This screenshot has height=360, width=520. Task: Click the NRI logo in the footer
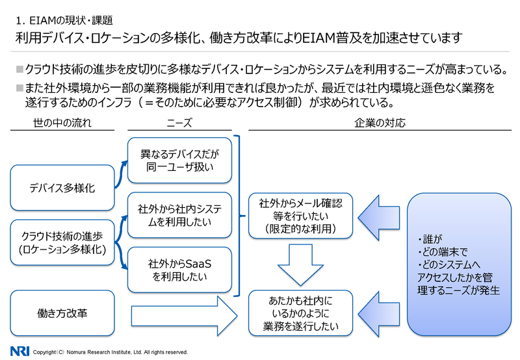pos(19,351)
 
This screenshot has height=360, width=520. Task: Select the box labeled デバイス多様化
pos(62,188)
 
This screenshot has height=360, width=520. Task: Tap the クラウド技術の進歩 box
pos(62,242)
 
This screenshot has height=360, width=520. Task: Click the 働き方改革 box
pos(62,313)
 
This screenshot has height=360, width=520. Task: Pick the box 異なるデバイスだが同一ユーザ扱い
pos(179,161)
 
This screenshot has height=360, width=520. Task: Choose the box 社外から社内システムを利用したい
pos(179,215)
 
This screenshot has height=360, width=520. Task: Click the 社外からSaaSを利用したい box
pos(179,270)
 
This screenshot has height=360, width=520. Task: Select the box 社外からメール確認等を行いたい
pos(300,216)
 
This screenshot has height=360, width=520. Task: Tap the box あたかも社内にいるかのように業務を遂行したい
pos(300,313)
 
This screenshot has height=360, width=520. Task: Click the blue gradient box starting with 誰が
pos(459,264)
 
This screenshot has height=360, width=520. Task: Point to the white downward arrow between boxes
pos(300,265)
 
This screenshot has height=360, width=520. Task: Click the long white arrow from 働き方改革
pos(185,316)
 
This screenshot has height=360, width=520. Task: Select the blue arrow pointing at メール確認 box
pos(379,218)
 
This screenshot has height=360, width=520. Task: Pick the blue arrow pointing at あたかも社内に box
pos(379,315)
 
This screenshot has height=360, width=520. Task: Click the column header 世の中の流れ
pos(62,123)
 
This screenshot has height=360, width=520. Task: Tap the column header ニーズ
pos(179,123)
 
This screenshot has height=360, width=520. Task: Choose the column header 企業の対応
pos(380,123)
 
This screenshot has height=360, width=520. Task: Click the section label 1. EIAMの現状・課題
pos(64,21)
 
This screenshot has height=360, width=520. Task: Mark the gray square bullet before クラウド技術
pos(20,70)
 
